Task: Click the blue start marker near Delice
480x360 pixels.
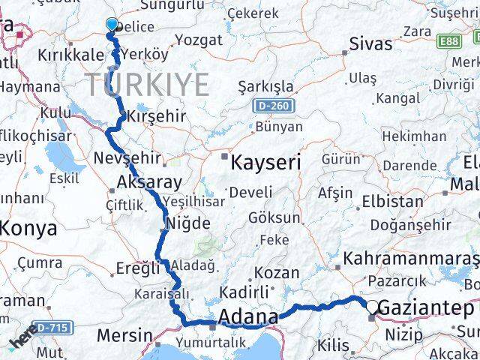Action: (x=112, y=25)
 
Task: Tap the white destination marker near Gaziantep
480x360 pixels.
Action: (x=373, y=305)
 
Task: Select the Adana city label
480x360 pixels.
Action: (x=247, y=317)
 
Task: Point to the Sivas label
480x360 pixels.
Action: (x=370, y=44)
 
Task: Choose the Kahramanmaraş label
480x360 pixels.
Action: (x=410, y=259)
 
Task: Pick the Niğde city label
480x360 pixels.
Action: (x=187, y=222)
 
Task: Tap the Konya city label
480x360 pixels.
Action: (x=28, y=228)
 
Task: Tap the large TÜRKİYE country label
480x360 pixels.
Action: (x=146, y=85)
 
